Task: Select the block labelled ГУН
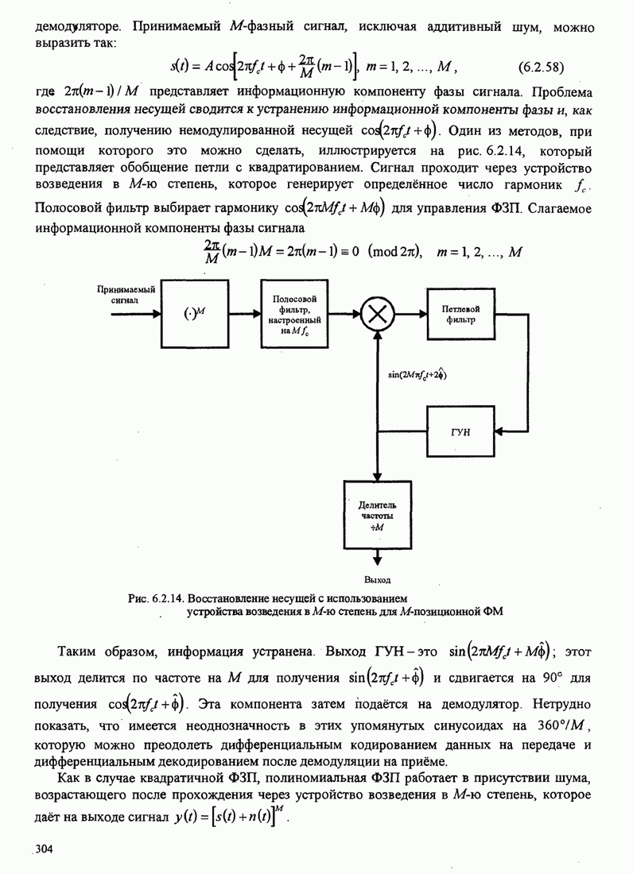point(465,433)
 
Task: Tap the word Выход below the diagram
point(377,579)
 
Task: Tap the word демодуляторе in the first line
point(76,27)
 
